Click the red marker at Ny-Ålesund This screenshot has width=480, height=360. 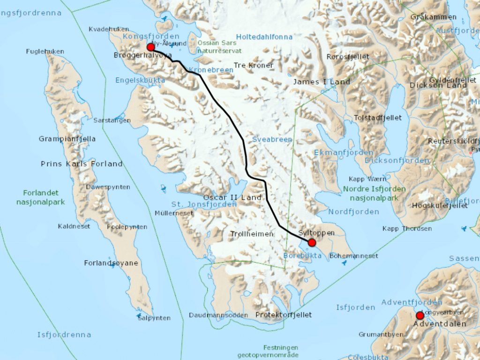151,47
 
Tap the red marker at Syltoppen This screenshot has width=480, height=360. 312,242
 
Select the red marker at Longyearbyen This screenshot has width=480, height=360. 420,315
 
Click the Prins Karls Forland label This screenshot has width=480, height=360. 82,164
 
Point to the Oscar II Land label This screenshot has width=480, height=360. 232,197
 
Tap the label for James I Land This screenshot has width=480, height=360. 322,82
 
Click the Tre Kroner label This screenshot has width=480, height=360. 254,65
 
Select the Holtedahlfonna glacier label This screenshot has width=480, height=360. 264,37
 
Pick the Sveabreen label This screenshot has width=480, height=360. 272,139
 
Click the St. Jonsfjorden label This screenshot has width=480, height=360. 204,204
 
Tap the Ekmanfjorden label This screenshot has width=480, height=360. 344,153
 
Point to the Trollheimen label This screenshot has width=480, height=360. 252,234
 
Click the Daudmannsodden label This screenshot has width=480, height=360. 218,315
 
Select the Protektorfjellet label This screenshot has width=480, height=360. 283,315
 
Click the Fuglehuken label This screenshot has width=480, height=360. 45,51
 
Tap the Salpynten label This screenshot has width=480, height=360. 154,318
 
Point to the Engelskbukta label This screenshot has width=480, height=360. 140,80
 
